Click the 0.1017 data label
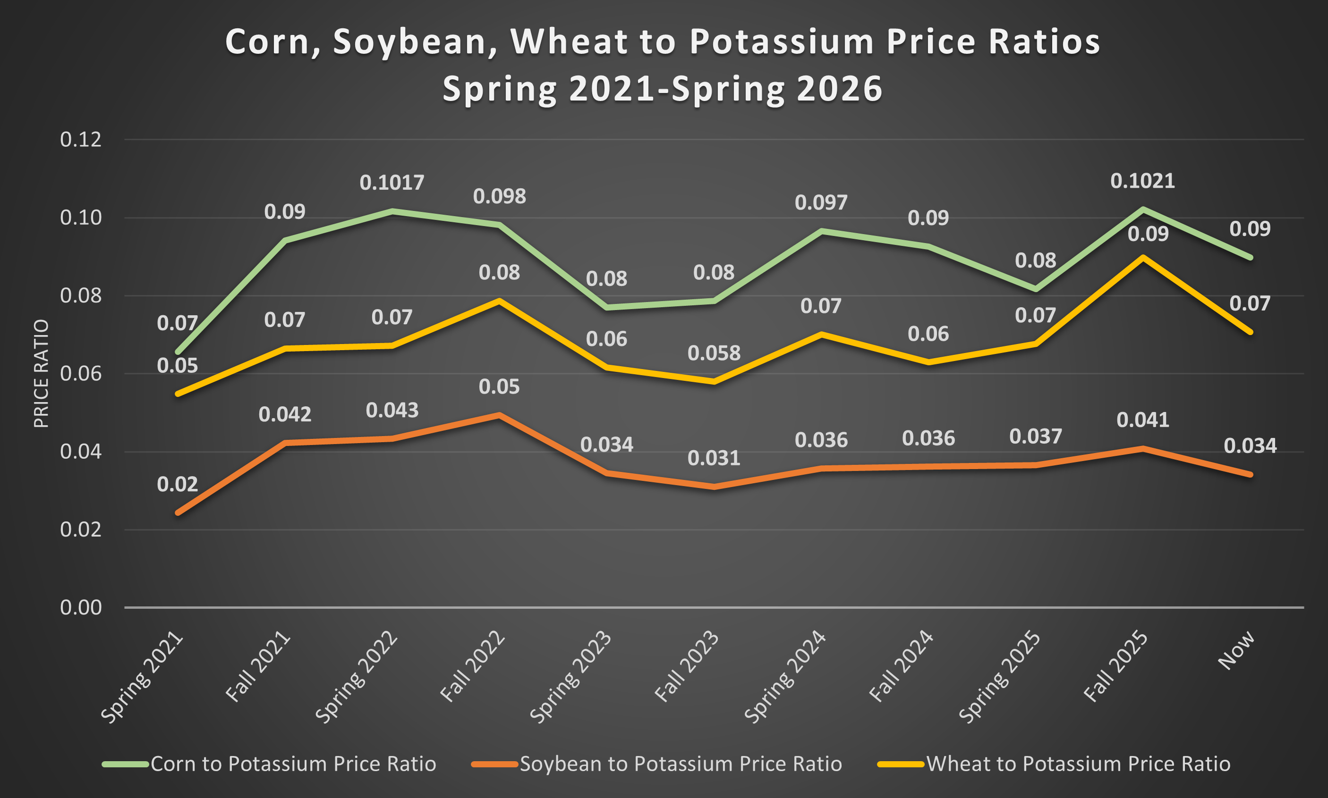[392, 183]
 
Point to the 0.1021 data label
[1142, 181]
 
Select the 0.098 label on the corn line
[499, 196]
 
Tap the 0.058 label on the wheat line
[714, 353]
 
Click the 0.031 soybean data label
[714, 458]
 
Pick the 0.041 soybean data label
[1143, 420]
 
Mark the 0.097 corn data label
[821, 203]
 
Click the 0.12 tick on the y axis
[81, 140]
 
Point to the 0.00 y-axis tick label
[81, 608]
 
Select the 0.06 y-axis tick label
[81, 374]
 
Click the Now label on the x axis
[1236, 651]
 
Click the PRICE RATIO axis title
[42, 374]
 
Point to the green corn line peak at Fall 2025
[1142, 209]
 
